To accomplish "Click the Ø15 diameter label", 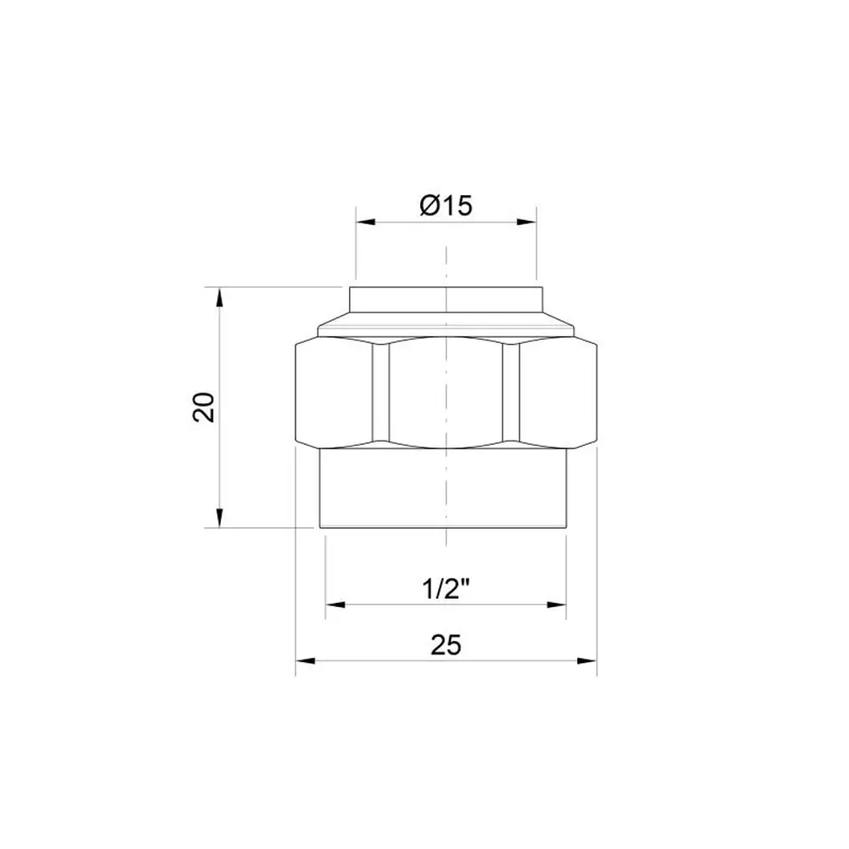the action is click(x=446, y=205).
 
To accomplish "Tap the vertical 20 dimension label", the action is click(x=204, y=408).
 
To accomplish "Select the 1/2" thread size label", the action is click(x=445, y=589).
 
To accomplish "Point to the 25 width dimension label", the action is click(x=447, y=645).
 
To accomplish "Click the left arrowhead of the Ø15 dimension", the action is click(x=365, y=222).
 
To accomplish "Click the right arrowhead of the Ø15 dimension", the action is click(x=526, y=222).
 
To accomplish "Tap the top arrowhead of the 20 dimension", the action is click(x=219, y=298).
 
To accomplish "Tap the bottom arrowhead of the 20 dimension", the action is click(x=219, y=517).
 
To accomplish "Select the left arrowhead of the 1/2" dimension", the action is click(x=335, y=604).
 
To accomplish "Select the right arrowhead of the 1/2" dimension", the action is click(x=556, y=604).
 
